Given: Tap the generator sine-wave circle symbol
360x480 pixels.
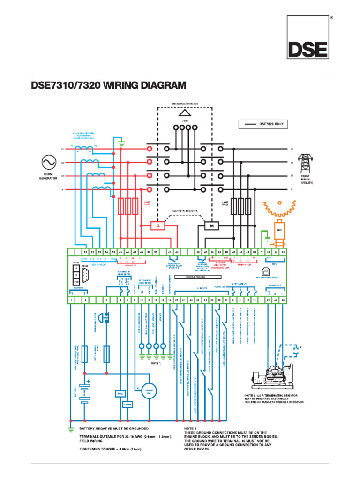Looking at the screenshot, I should coord(48,163).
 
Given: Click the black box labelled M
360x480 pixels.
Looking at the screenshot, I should coord(211,226).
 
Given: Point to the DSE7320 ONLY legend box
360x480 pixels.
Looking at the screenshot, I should coord(262,124).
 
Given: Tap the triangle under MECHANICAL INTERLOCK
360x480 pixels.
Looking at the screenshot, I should coord(185,112).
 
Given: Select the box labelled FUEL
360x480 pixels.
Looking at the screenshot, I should coord(119,394).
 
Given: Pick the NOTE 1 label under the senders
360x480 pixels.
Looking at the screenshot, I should coord(156,363).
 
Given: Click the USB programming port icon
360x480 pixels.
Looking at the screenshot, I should coord(266,272).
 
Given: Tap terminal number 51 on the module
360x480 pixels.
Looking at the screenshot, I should coord(85,252).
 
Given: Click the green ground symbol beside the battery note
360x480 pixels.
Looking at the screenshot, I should coord(71,429).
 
